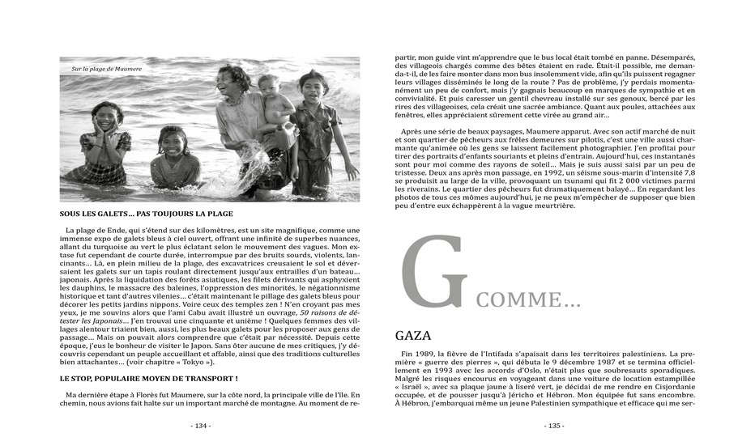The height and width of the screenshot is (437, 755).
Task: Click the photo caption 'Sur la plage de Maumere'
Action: point(105,69)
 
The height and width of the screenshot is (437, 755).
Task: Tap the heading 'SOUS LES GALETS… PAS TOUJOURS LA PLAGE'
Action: point(147,214)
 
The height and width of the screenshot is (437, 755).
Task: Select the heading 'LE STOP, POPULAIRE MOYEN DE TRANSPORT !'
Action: point(148,378)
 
